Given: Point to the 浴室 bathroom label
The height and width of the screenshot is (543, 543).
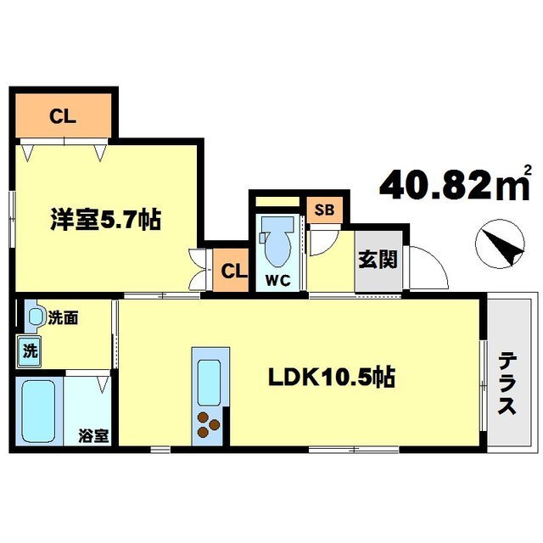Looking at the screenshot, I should pos(94,437).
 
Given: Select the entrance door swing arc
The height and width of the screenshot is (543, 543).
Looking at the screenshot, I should pos(428,267).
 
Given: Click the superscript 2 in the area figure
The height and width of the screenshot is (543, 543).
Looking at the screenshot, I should pos(529,169).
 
